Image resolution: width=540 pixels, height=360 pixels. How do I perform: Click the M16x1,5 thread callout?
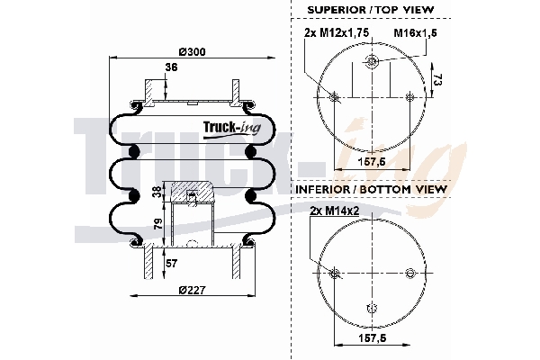coord(416,34)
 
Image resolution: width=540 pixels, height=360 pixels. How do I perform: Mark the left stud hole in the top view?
coord(335,97)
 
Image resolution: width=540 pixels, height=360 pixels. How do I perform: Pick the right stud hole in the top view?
coord(409,97)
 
